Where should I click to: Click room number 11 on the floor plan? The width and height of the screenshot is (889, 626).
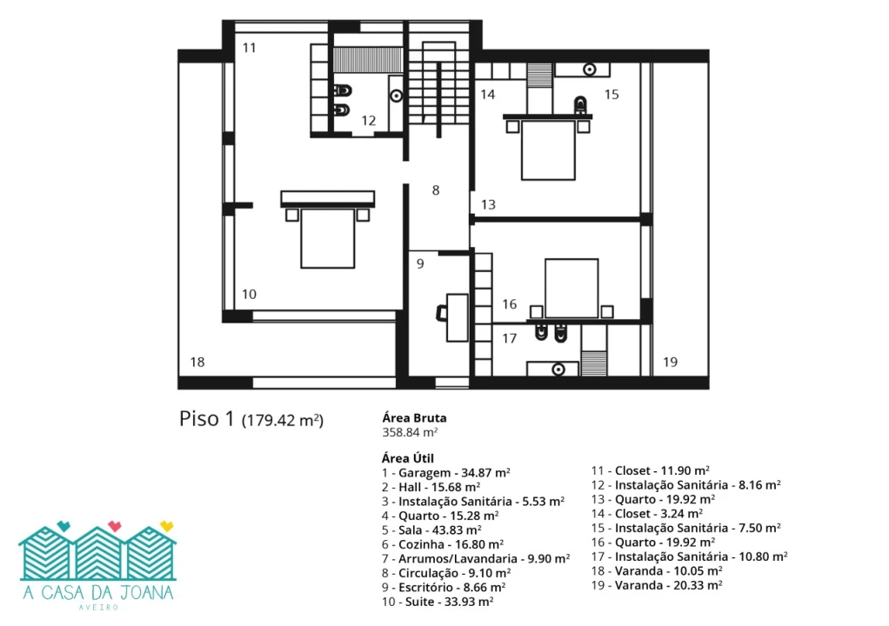tap(250, 48)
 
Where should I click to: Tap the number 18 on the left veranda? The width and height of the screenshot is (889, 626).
tap(197, 362)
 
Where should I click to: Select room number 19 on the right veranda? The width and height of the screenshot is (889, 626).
tap(670, 362)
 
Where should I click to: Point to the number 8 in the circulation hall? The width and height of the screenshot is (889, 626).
tap(436, 190)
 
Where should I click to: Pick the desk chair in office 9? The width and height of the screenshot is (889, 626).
tap(442, 313)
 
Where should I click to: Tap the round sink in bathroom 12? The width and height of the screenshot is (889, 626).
tap(397, 97)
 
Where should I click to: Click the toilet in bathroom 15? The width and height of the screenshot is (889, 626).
tap(580, 105)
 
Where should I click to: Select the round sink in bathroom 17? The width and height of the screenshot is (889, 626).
tap(558, 370)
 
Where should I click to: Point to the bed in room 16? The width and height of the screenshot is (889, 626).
tap(571, 289)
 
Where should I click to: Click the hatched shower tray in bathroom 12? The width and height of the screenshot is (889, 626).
tap(367, 60)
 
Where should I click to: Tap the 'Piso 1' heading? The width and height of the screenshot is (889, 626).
tap(206, 419)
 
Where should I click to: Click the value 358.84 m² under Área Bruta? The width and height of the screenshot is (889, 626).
tap(410, 432)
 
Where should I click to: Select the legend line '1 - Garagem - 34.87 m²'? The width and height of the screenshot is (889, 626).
tap(445, 472)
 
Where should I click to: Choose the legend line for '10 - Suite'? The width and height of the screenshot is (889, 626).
tap(438, 602)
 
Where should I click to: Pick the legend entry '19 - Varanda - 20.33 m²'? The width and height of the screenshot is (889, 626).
tap(657, 585)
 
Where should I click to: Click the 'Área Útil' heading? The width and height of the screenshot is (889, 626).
tap(408, 458)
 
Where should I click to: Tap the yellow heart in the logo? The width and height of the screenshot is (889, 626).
tap(166, 526)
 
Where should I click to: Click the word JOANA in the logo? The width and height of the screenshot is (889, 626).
tap(144, 593)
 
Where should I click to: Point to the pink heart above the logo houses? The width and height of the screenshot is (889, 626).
tap(115, 526)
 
